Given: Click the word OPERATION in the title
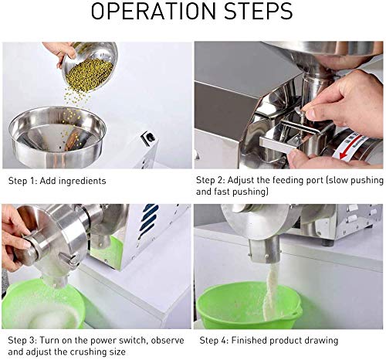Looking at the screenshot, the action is pos(154,11).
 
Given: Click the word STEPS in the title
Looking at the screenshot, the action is pos(259,11).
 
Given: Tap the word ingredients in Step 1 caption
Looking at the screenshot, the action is pos(83,181).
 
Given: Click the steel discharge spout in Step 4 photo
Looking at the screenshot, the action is pos(264,250).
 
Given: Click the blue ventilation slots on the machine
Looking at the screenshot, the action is pos(147,220).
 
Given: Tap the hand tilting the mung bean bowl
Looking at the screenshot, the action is pos(59,52).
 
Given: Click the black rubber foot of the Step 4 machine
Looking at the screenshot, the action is pos(327,243).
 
